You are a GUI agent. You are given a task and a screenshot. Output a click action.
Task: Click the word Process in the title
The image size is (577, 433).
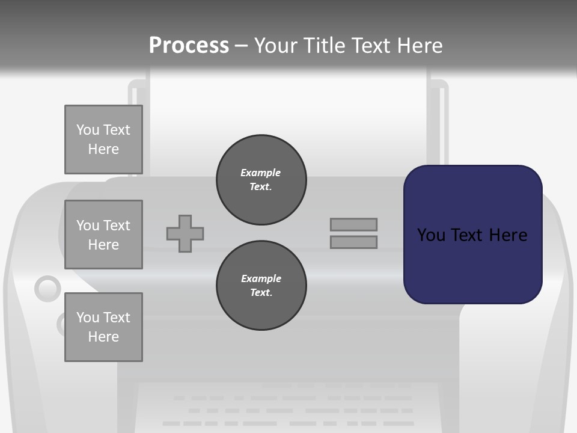[189, 46]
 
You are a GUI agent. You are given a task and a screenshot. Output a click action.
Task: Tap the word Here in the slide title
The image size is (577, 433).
[419, 46]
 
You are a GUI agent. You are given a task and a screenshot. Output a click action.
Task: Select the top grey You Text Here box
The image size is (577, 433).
[103, 140]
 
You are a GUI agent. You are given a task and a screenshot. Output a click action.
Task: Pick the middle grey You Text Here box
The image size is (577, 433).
[103, 235]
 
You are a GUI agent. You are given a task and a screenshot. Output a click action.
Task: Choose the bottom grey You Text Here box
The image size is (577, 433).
[103, 327]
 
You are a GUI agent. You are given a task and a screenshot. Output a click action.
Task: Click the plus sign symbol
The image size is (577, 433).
[185, 233]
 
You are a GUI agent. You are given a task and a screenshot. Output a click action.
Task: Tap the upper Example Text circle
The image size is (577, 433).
[261, 180]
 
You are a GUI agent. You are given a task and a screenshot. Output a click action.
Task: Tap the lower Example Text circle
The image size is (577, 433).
[261, 286]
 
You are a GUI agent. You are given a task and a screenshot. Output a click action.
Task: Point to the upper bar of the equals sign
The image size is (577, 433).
[353, 224]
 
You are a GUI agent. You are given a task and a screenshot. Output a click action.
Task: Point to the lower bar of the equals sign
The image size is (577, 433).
[353, 242]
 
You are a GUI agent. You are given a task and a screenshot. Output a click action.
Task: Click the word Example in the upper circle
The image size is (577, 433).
[260, 173]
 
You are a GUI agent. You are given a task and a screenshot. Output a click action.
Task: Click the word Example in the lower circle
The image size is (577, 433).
[261, 278]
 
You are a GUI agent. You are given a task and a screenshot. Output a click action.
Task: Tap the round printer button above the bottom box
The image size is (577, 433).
[47, 289]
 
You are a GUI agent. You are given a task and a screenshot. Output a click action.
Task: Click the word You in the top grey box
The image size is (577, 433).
[87, 130]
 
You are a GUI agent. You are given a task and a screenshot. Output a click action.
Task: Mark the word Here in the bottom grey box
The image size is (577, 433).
[103, 337]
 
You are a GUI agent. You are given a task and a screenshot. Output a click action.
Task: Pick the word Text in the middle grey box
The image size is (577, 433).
[116, 226]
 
